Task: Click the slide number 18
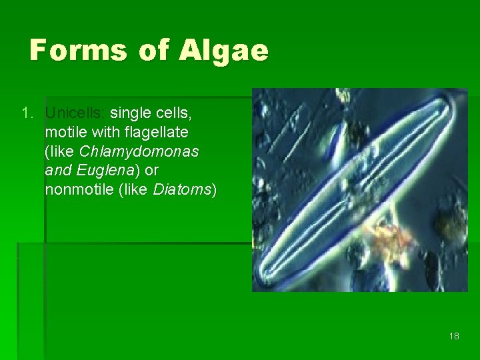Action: [454, 336]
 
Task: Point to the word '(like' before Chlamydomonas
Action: [58, 151]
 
